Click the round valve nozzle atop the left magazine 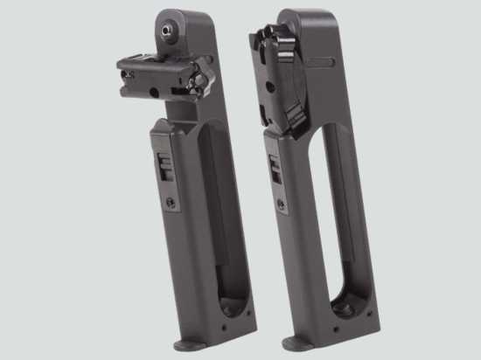click(165, 28)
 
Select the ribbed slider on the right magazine click(274, 166)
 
